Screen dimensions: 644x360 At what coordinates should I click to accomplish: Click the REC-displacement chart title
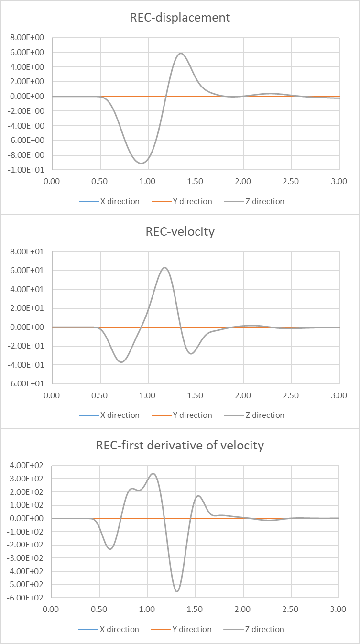point(180,18)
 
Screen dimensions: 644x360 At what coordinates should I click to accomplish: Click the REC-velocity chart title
point(180,232)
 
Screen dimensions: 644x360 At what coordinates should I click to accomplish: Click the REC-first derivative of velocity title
point(180,446)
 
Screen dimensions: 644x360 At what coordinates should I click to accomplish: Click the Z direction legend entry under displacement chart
point(264,201)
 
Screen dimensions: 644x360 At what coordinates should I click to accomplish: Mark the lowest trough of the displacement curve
point(142,163)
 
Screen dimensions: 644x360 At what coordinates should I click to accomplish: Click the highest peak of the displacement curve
point(181,53)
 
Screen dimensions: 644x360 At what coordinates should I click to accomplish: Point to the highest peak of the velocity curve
point(165,267)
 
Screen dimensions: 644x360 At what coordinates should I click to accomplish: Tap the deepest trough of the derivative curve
point(177,591)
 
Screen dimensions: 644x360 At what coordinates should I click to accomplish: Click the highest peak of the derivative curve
point(153,474)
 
